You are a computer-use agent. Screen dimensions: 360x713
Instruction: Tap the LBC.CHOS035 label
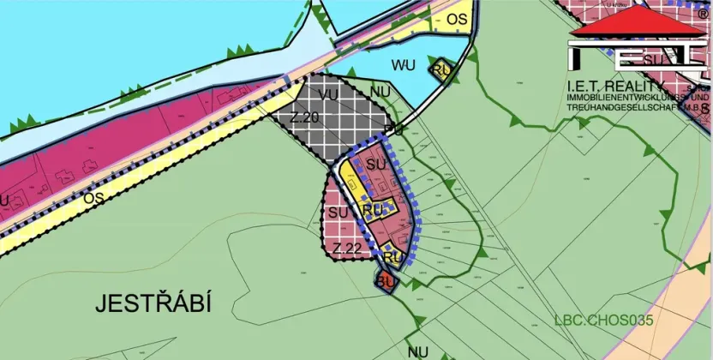point(603,321)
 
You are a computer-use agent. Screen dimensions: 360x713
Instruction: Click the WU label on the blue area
point(403,64)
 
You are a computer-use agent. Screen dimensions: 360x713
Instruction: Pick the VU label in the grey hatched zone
point(327,94)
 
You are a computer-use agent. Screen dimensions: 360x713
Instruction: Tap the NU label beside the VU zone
point(380,90)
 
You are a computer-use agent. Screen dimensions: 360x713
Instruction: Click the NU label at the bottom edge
point(418,351)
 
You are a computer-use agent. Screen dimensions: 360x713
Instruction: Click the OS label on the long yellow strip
point(94,197)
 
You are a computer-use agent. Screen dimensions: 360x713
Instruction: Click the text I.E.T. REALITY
point(615,87)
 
